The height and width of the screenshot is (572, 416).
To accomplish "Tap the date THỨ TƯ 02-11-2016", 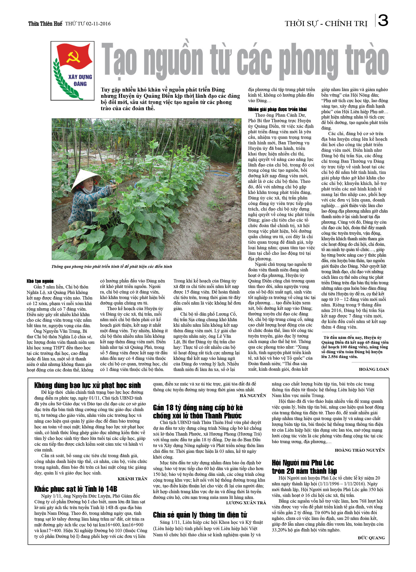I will tap(88, 24).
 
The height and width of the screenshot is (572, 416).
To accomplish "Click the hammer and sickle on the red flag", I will tap(73, 56).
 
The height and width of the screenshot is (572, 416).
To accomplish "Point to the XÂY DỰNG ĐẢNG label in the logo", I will tap(80, 80).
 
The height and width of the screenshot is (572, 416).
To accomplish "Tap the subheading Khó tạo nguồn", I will tap(40, 281).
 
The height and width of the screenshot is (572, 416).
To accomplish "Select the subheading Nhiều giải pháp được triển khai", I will tap(277, 109).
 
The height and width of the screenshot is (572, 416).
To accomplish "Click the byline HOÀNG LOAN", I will tap(374, 369).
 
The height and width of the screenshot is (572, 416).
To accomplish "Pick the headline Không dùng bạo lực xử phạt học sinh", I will tap(87, 385).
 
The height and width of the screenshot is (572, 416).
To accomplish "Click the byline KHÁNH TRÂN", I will tap(132, 479).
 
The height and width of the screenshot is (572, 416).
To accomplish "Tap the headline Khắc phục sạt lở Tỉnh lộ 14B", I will tap(76, 489).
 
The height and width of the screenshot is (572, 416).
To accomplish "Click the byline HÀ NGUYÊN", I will tap(253, 395).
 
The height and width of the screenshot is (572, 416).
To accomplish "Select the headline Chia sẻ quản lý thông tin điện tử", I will tap(200, 515).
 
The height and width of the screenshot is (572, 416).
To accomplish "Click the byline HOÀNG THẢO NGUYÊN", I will tap(360, 450).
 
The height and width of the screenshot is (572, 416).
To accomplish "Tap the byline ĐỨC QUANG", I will tap(371, 538).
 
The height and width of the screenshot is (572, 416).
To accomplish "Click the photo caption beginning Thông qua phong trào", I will tap(112, 266).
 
